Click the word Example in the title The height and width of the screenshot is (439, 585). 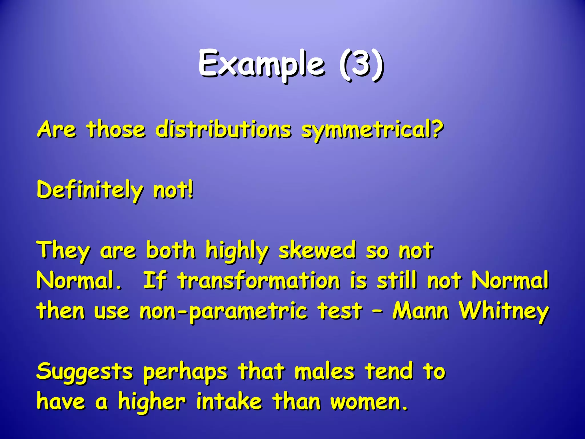pos(261,64)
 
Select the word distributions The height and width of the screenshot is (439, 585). pos(223,129)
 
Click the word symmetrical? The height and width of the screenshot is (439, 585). pos(372,130)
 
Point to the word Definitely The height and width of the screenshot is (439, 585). pos(90,190)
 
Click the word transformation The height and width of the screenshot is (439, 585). pos(259,281)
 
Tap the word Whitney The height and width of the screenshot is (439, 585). pos(504,312)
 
